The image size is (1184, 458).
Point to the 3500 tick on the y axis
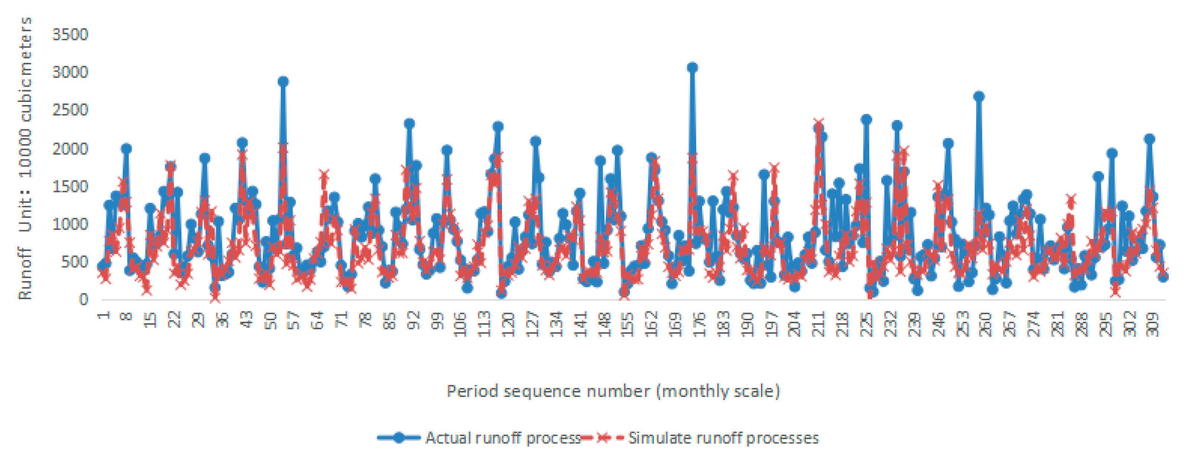click(x=70, y=35)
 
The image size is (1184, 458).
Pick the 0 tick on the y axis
click(x=83, y=299)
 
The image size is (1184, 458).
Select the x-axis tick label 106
click(x=461, y=324)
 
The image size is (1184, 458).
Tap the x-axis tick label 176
click(x=699, y=324)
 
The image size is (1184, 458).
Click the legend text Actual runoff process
click(x=502, y=438)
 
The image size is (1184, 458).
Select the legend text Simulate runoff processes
click(x=723, y=438)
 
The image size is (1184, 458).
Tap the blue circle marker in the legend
click(x=399, y=438)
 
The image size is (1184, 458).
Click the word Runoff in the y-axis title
click(x=25, y=274)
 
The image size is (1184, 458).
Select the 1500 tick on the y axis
click(x=70, y=187)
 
